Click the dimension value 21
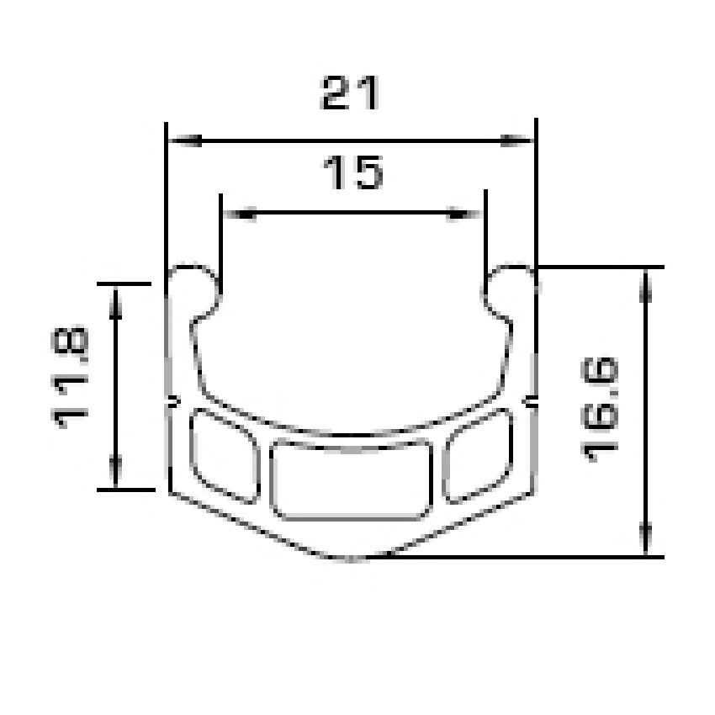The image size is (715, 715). (x=351, y=93)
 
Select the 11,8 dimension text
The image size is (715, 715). (x=72, y=379)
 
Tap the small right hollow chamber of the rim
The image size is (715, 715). (x=478, y=454)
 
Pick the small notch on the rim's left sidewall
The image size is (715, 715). (x=172, y=400)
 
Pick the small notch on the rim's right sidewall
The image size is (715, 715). (x=532, y=400)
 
